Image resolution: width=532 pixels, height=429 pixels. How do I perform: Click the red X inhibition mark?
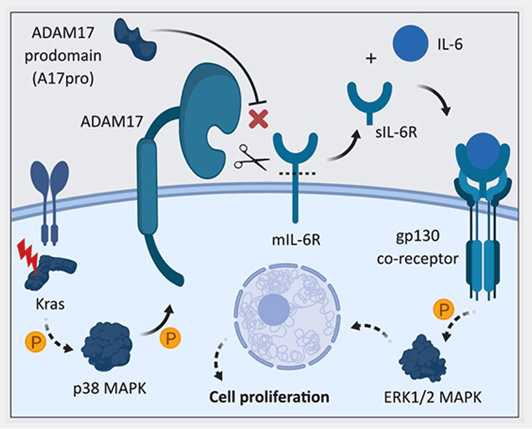pyautogui.click(x=258, y=119)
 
